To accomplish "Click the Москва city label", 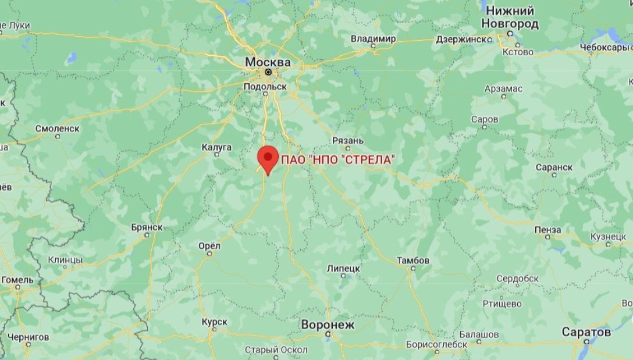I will click(268, 62).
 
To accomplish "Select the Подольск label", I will click(265, 86).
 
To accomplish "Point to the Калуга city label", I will click(216, 147).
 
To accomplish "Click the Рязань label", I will click(348, 140).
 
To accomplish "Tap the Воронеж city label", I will click(328, 325).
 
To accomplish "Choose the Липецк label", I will click(344, 269).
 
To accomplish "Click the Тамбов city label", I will click(413, 260).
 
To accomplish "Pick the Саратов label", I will click(586, 332).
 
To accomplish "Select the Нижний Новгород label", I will click(510, 17).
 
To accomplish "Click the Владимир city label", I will click(373, 39).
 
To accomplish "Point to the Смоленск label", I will click(57, 128).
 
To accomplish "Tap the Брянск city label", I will click(147, 227).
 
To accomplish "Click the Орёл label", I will click(209, 246).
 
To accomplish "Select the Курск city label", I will click(214, 322).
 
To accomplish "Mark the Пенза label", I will click(547, 230).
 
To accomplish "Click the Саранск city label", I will click(553, 167).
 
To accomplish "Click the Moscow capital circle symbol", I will click(268, 72).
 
